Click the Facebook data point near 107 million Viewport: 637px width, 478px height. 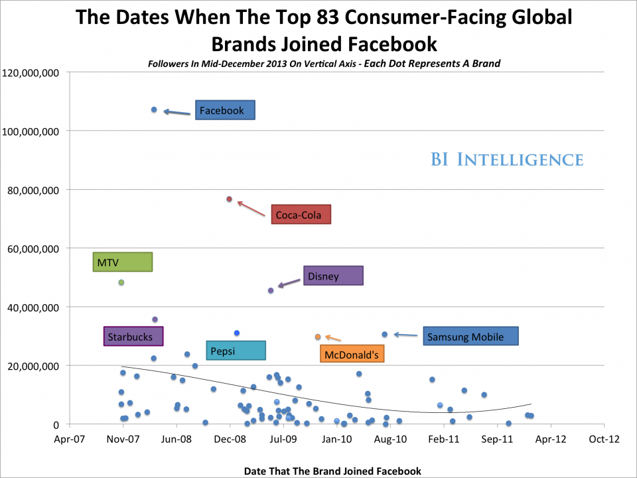[154, 110]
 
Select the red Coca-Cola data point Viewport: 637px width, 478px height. [229, 199]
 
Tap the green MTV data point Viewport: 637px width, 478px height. [121, 282]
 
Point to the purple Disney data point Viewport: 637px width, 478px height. [271, 290]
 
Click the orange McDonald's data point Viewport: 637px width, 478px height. [318, 337]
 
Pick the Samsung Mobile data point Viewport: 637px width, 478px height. [385, 334]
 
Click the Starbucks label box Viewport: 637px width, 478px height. [133, 337]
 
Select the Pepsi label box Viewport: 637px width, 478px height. [236, 351]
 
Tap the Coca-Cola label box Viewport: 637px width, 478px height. [300, 214]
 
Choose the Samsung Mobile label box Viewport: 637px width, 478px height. [470, 337]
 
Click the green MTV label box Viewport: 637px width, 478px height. [122, 262]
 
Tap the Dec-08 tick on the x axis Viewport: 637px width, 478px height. [230, 439]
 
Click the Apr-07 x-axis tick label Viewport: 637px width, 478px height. [69, 439]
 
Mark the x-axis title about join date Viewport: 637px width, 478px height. [332, 471]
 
